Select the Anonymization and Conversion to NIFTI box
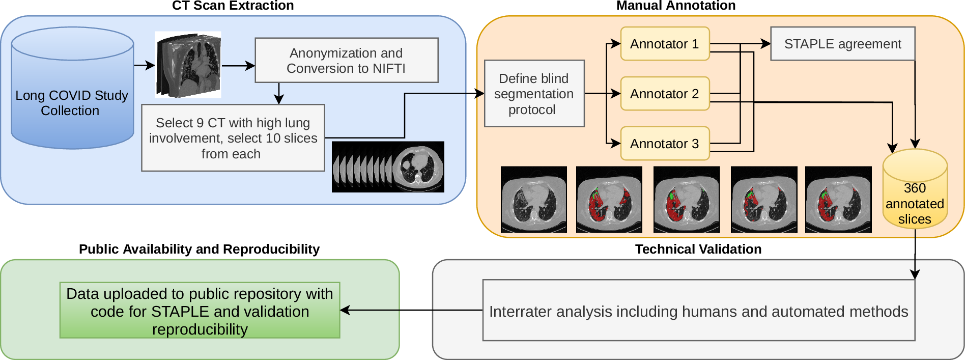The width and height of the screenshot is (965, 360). (346, 60)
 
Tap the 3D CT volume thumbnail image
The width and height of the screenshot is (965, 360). (188, 65)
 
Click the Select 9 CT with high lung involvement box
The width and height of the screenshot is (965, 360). (233, 138)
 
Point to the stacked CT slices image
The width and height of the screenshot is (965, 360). (388, 167)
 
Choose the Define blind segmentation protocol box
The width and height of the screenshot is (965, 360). (534, 94)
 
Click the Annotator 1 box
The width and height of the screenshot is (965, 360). (664, 44)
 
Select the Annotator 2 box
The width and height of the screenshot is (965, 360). (664, 94)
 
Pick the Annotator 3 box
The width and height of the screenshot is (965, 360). (664, 144)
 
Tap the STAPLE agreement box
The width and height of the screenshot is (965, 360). (842, 44)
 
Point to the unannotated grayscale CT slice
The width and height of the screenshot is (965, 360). (533, 200)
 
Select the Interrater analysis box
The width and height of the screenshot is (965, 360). (698, 311)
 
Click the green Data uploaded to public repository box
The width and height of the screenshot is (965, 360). (200, 311)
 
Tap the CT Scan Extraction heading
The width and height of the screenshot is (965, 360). (233, 6)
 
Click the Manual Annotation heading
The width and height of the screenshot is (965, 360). (675, 6)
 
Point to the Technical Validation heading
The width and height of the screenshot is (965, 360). (698, 249)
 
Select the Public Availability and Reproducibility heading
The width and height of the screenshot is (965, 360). (199, 249)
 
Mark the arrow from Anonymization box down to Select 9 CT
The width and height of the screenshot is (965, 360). (278, 93)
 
